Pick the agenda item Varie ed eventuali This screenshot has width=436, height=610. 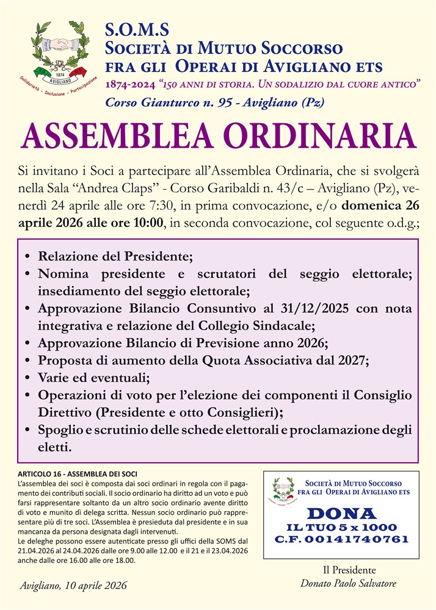[x=98, y=377]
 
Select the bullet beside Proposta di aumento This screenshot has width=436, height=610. [x=28, y=360]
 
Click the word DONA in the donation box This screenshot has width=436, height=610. [x=341, y=513]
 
